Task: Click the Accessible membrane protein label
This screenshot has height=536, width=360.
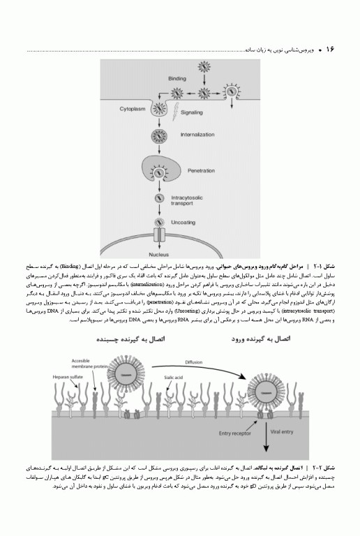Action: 86,364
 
